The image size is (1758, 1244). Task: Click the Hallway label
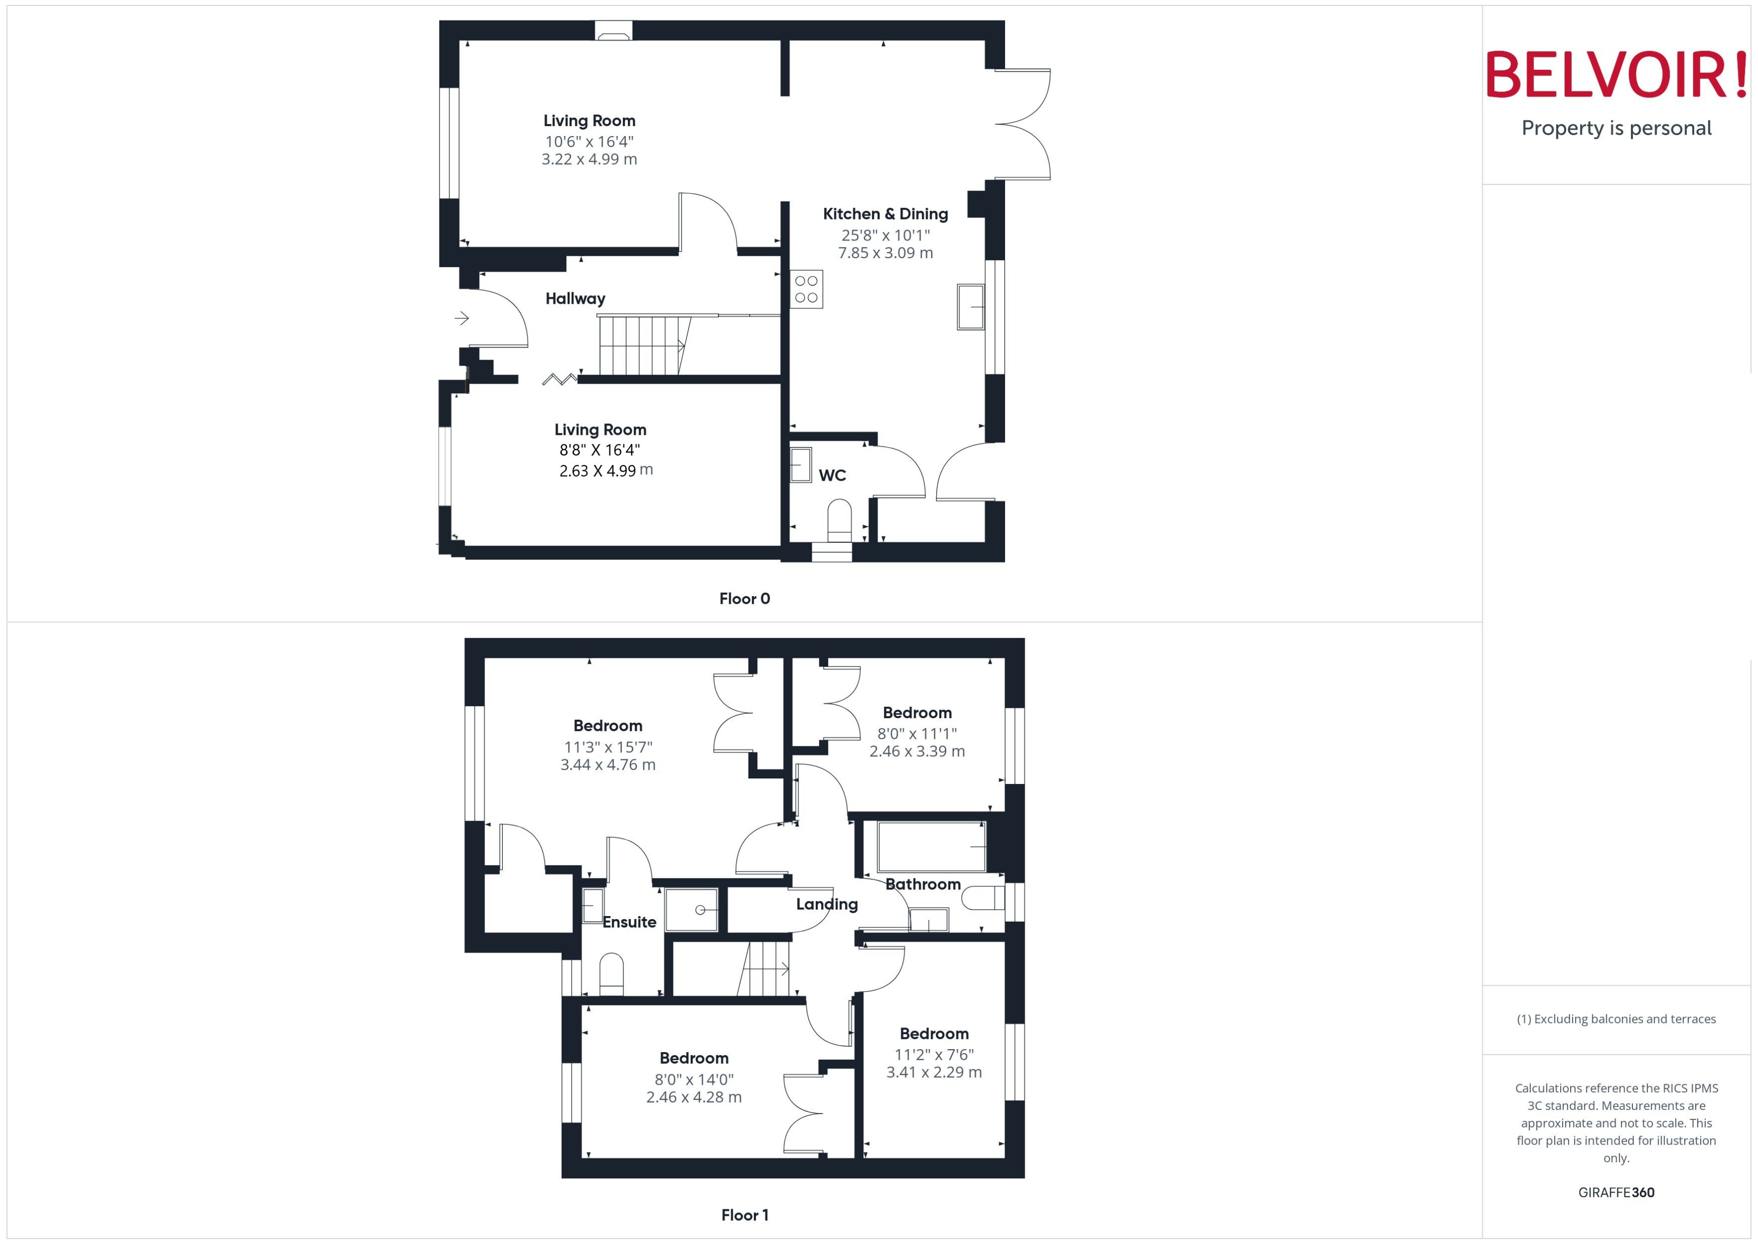[575, 299]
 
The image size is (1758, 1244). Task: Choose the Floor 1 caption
[744, 1215]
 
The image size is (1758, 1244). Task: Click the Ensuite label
[629, 922]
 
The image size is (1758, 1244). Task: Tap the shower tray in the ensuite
[691, 909]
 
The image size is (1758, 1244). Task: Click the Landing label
[827, 904]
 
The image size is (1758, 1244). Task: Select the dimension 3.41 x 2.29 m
[934, 1072]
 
